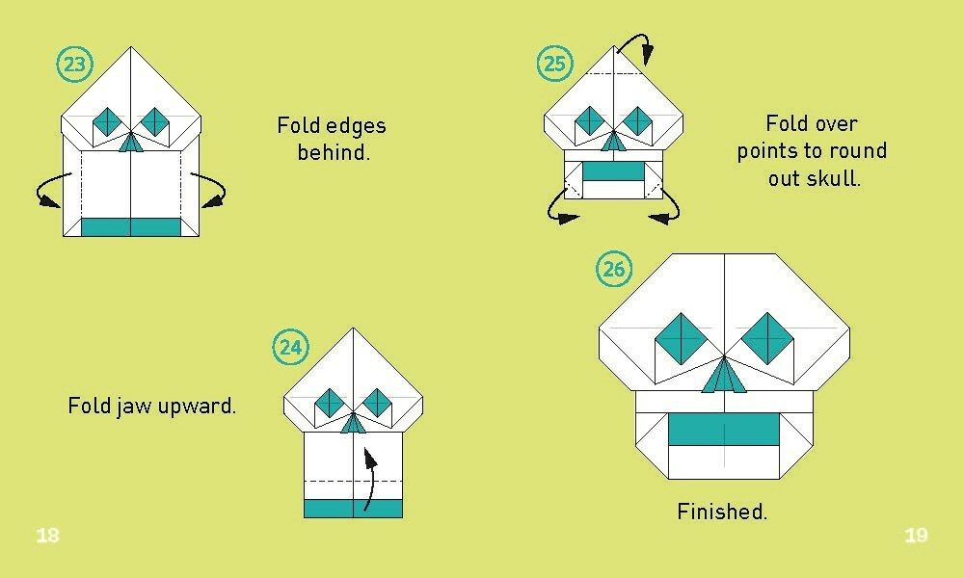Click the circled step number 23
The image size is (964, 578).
(75, 65)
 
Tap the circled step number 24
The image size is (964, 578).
(291, 347)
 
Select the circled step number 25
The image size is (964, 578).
(554, 65)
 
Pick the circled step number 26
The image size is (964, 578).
(614, 269)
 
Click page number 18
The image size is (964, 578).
(47, 536)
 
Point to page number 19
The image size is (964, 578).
(916, 536)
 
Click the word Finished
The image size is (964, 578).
(722, 512)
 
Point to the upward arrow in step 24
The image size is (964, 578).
(370, 477)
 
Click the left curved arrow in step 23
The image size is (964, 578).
(51, 192)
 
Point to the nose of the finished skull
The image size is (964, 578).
(724, 377)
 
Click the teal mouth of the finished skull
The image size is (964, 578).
(724, 430)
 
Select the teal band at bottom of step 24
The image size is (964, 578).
(353, 509)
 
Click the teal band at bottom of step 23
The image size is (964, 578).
(130, 226)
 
